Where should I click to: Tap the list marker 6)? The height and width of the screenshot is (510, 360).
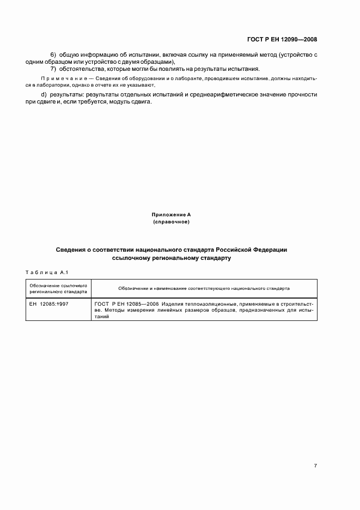(x=53, y=56)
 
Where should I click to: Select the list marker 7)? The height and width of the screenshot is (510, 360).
(x=53, y=69)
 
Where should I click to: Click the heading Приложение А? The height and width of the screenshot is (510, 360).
(x=171, y=216)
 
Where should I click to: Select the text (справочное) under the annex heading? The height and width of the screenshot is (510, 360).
(x=171, y=222)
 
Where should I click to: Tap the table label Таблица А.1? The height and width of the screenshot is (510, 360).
(x=46, y=271)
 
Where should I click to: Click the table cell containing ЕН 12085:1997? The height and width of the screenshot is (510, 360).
(x=49, y=303)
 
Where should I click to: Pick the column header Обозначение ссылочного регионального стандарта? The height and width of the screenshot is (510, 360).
(x=58, y=289)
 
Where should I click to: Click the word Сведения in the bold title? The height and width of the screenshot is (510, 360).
(x=71, y=250)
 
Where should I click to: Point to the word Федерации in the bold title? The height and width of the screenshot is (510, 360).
(x=269, y=250)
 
